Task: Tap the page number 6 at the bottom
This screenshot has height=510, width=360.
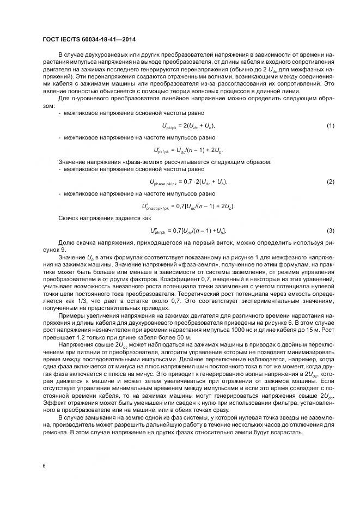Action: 44,466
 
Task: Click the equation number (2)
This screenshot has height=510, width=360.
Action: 330,181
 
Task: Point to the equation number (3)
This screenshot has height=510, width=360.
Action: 330,232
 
